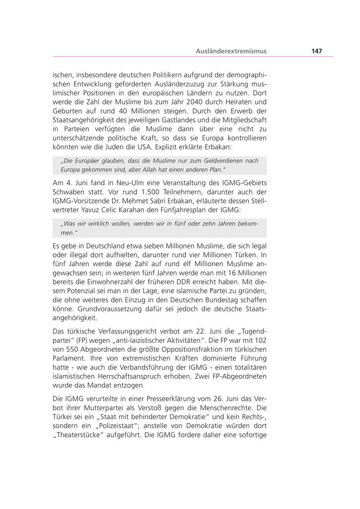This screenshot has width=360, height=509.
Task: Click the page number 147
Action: (x=316, y=51)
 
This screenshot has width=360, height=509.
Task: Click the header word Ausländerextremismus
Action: (x=231, y=51)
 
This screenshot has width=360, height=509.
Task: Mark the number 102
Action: (x=261, y=340)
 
